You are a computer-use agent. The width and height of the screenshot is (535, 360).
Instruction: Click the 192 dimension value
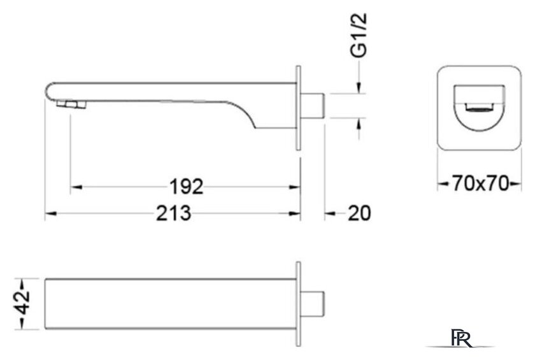point(186,187)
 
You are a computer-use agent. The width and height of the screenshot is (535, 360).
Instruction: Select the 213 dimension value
point(173,213)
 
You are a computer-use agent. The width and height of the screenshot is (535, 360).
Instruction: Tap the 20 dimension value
point(359,213)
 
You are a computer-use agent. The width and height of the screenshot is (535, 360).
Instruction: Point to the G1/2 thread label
point(359,34)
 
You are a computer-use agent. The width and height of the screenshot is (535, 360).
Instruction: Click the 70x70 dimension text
point(480,184)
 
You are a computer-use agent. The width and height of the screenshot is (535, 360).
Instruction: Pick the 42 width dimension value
point(22,302)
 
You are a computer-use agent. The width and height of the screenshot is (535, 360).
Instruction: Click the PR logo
point(461,338)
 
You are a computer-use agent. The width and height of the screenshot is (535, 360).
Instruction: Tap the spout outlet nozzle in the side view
point(71,104)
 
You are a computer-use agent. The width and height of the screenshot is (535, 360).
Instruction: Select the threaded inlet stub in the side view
point(312,105)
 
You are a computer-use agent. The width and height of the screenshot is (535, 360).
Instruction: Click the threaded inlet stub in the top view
point(312,304)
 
